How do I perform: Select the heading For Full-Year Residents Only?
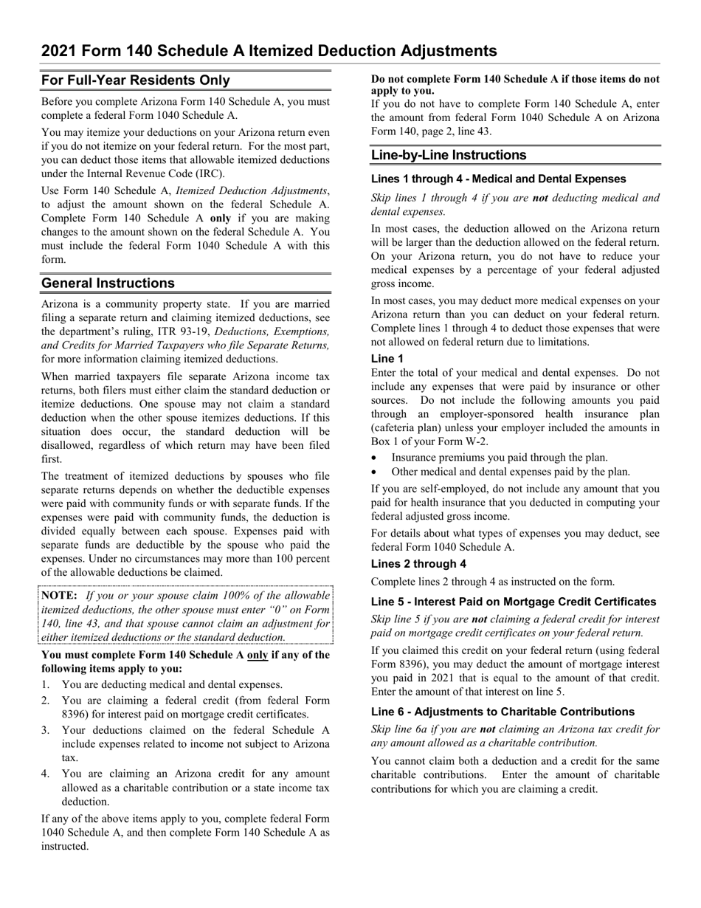click(x=135, y=80)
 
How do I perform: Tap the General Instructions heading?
click(x=108, y=283)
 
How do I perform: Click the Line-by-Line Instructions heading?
click(x=449, y=155)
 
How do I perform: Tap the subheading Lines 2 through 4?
click(x=418, y=564)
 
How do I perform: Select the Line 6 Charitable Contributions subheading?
click(x=503, y=712)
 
